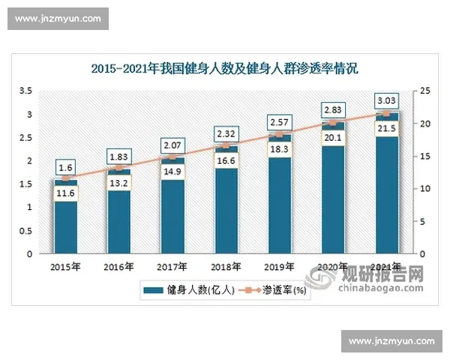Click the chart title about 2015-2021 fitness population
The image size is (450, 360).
click(x=225, y=69)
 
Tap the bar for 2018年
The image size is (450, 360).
click(x=226, y=210)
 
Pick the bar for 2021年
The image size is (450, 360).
click(x=386, y=195)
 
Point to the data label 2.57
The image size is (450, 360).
click(x=279, y=121)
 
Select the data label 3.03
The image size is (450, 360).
click(x=387, y=100)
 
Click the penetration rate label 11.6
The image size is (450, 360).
click(x=65, y=193)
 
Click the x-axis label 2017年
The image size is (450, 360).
click(x=172, y=266)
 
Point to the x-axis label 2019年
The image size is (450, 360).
click(x=279, y=266)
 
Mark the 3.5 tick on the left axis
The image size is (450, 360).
click(x=25, y=91)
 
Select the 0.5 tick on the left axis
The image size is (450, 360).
click(x=25, y=230)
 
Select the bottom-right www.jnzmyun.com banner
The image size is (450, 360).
click(x=391, y=341)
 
